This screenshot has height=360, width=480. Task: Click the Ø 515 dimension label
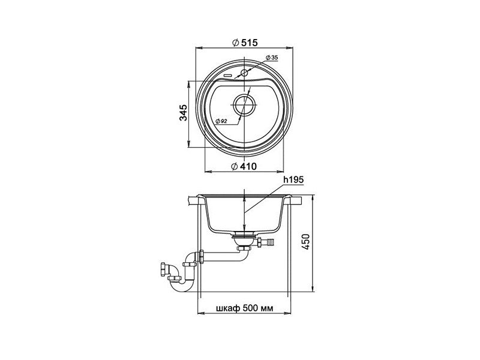pyautogui.click(x=245, y=43)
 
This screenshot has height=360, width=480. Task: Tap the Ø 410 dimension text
pyautogui.click(x=244, y=166)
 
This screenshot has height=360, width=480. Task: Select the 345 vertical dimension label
pyautogui.click(x=183, y=113)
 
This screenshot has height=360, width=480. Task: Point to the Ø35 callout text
pyautogui.click(x=272, y=58)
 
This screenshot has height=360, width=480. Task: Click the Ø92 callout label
pyautogui.click(x=221, y=121)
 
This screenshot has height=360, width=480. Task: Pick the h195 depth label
pyautogui.click(x=293, y=180)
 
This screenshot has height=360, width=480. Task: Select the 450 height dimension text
pyautogui.click(x=306, y=242)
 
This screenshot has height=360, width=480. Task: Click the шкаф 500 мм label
pyautogui.click(x=245, y=308)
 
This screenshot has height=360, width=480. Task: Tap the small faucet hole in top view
pyautogui.click(x=244, y=73)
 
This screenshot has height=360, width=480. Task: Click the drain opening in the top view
pyautogui.click(x=244, y=104)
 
